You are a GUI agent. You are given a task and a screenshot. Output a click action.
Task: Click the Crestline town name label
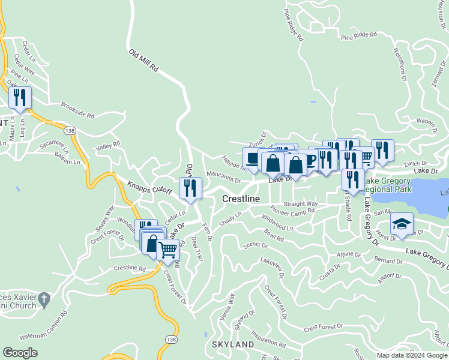click(241, 199)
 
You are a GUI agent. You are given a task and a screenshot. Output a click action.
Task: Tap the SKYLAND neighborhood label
click(233, 344)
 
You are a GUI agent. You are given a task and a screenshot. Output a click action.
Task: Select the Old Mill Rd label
click(143, 61)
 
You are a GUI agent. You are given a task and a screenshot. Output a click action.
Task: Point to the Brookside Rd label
click(77, 110)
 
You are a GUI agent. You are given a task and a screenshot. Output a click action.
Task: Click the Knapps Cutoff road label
click(149, 187)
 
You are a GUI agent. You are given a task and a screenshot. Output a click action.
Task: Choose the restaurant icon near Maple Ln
click(20, 97)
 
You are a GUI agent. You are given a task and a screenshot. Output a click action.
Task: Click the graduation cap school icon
click(402, 224)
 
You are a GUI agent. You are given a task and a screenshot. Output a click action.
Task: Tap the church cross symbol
click(43, 298)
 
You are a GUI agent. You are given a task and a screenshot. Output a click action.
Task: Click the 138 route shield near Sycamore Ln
click(70, 130)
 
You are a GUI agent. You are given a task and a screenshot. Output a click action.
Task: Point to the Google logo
click(20, 353)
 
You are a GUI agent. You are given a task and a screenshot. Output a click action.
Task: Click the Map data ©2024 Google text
click(412, 355)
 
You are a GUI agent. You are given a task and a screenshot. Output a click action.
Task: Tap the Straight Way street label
click(300, 204)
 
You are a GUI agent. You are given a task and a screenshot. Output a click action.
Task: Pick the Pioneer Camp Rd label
click(292, 211)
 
